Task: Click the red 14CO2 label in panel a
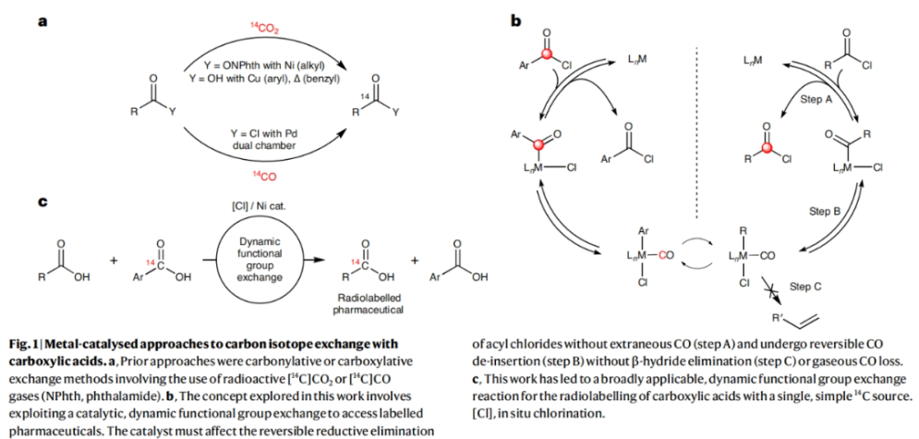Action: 264,29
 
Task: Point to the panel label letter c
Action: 42,198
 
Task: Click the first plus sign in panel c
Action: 115,262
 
